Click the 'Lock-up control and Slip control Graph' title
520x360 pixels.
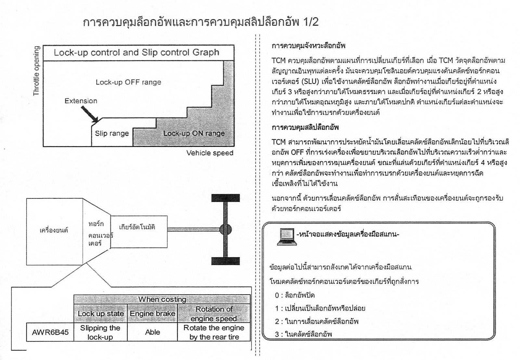(136, 52)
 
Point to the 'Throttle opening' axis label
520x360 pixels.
(36, 71)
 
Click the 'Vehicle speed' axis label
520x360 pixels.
(210, 153)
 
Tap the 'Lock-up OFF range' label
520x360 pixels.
(128, 82)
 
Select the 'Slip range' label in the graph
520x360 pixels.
(112, 133)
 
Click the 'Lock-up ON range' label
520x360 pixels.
(194, 133)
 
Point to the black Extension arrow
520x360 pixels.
(90, 114)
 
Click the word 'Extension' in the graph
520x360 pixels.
(81, 101)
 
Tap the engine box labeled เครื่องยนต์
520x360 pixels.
(55, 232)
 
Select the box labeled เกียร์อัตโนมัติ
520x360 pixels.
(139, 232)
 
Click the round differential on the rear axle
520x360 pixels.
(226, 230)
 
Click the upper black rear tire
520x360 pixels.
(226, 198)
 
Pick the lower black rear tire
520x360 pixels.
(226, 261)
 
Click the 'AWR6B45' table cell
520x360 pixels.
(50, 332)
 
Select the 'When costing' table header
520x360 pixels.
(162, 300)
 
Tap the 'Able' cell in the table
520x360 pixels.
(152, 332)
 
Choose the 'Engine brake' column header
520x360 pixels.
(152, 313)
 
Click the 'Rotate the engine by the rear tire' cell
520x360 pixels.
(214, 332)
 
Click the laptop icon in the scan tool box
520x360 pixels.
(287, 237)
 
